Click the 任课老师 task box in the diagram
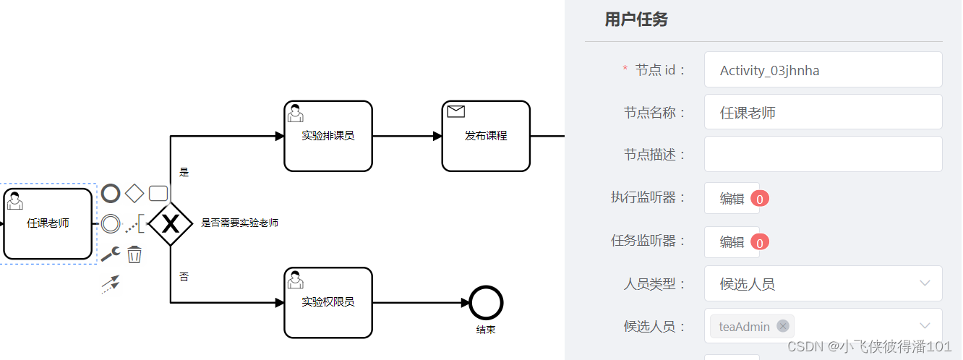coord(48,224)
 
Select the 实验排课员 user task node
coord(328,136)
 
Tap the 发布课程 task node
coord(486,136)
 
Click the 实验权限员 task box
coord(328,302)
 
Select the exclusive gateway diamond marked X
coord(170,224)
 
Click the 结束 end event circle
coord(486,302)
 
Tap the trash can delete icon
coord(134,254)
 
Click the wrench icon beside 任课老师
coord(110,254)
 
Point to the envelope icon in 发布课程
coord(456,111)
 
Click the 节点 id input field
coord(823,70)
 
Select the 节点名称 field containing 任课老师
coord(823,113)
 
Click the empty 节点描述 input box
coord(823,155)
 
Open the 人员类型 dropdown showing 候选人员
coord(823,284)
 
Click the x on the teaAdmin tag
coord(782,326)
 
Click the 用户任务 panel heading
coord(636,20)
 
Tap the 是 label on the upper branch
coord(184,172)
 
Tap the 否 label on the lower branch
coord(184,277)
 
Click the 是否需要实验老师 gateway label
coord(239,223)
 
